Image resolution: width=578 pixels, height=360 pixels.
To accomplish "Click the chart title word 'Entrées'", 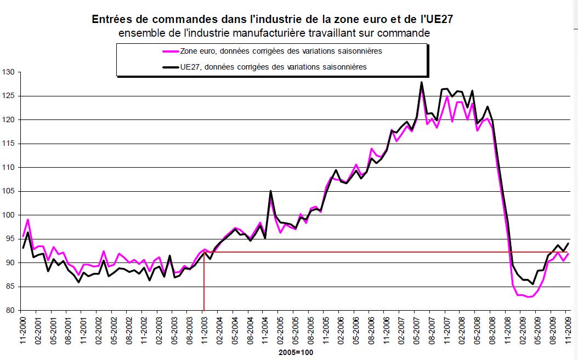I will pos(111,19).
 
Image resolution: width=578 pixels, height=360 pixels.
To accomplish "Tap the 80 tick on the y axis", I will pos(10,311).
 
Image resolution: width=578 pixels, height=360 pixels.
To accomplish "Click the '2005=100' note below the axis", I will pos(296,353).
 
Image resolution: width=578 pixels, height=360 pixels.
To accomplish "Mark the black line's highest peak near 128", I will pos(421,82).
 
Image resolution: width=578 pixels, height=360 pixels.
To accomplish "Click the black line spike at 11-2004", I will pos(271,191).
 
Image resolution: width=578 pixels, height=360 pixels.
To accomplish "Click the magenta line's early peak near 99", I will pos(27,220).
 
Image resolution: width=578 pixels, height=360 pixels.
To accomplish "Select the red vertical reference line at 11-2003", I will pos(204,285).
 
